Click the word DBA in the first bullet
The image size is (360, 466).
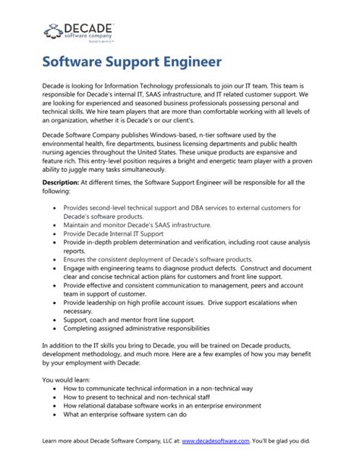[x=185, y=207]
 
